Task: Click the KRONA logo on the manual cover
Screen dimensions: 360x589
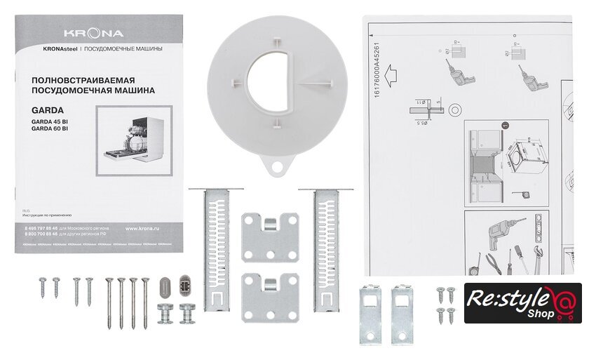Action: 94,33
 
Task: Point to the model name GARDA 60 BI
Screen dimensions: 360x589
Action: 50,128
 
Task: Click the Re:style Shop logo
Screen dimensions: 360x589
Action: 522,303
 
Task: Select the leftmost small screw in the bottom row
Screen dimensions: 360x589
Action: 43,286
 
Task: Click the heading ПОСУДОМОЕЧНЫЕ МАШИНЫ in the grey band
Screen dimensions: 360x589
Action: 124,49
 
